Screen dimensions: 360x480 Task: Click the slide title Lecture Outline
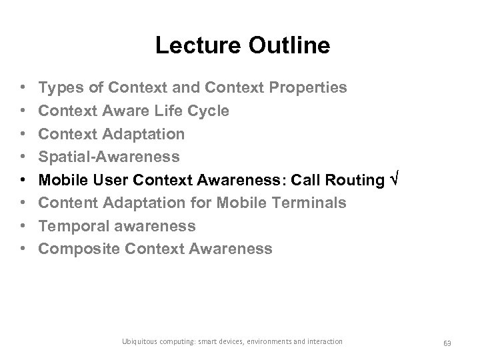click(x=242, y=45)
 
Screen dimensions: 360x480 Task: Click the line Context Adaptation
click(x=111, y=134)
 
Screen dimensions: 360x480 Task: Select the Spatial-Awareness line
click(x=109, y=157)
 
